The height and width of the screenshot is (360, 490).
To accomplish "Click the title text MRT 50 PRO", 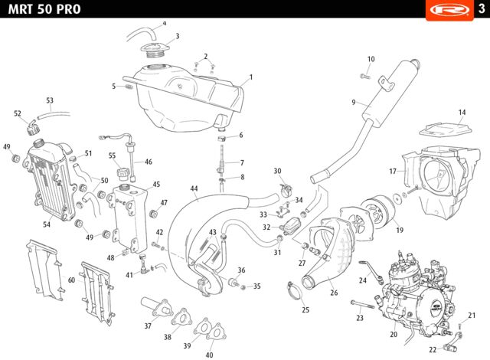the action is tap(44, 9).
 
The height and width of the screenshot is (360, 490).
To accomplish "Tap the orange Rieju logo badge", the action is tap(449, 10).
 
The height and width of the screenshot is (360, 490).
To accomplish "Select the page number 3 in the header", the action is tap(482, 8).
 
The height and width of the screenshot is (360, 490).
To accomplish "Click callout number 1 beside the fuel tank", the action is tap(250, 77).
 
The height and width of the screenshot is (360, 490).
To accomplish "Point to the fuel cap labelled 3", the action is tap(155, 51).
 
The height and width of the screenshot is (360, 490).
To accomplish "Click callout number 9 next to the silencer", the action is tap(354, 103).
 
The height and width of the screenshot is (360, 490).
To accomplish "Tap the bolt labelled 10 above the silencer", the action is tap(365, 76).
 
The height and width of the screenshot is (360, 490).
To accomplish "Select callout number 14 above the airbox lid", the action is tap(462, 112).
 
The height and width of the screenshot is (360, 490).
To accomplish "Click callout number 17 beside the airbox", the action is tap(393, 172).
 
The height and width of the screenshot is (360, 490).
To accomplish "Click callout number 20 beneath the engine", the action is tap(394, 335).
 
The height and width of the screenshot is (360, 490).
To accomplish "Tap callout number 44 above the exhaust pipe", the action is tap(194, 188).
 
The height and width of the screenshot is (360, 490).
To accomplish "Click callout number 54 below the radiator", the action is tap(47, 224).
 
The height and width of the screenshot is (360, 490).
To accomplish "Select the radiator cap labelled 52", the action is tap(31, 127).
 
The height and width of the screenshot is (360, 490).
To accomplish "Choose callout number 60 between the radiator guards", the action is tap(71, 280).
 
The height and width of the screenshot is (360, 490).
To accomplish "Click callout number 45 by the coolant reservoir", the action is tap(156, 185).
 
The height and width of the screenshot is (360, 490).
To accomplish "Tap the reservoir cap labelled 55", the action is tap(122, 173).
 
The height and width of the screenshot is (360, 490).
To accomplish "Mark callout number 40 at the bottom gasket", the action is tap(209, 355).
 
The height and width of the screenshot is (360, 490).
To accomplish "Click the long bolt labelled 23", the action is tap(363, 304).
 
